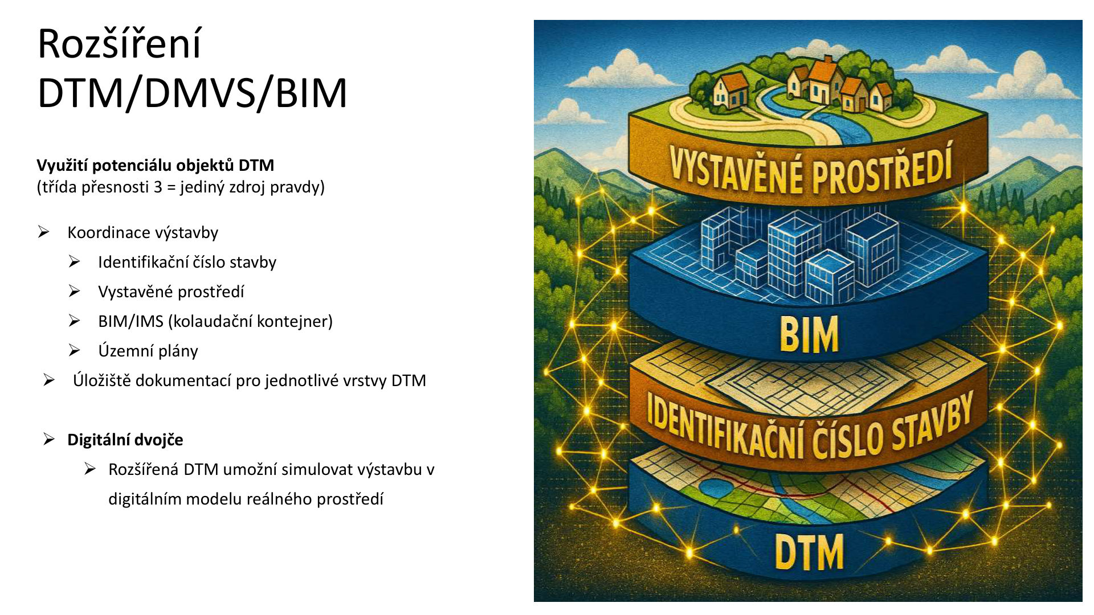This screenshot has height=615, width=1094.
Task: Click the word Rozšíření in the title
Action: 119,44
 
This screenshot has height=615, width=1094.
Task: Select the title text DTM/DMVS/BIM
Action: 192,93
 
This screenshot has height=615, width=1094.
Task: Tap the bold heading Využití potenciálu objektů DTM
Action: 155,165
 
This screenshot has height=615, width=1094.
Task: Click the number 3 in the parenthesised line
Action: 158,187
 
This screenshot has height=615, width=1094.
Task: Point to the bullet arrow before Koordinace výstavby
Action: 44,232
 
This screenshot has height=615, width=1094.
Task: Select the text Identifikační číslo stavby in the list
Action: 187,262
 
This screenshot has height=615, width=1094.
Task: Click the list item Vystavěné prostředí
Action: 171,292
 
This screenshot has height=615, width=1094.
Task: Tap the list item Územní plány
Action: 148,351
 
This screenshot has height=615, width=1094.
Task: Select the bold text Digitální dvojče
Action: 125,440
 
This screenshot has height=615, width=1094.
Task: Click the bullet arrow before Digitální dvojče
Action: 49,440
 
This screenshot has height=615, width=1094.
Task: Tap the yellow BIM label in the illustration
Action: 809,335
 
